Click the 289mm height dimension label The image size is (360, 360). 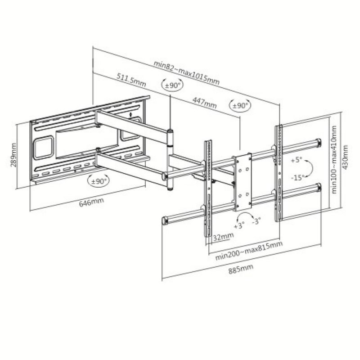pyautogui.click(x=13, y=154)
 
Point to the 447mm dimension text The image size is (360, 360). pyautogui.click(x=204, y=102)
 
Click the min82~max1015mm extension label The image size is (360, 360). pyautogui.click(x=186, y=72)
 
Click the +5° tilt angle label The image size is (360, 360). pyautogui.click(x=296, y=160)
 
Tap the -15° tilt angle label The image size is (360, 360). pyautogui.click(x=297, y=177)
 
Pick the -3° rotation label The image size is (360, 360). pyautogui.click(x=257, y=221)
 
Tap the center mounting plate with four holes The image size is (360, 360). pyautogui.click(x=242, y=182)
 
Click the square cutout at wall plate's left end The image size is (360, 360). pyautogui.click(x=44, y=147)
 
